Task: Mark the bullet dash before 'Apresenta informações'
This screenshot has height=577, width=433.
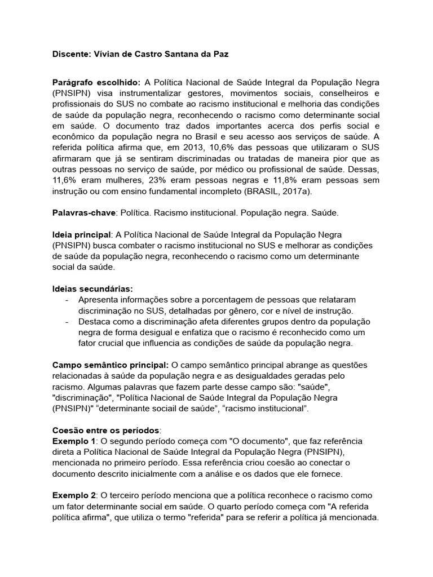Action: tap(67, 299)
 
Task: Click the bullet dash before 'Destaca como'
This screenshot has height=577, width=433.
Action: tap(67, 321)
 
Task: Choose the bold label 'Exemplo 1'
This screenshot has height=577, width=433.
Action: tap(73, 440)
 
